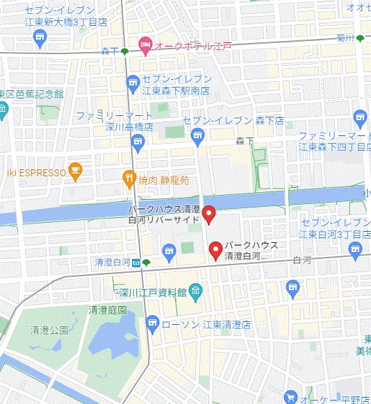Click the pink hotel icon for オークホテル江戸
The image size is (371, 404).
click(145, 46)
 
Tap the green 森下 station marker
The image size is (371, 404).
click(124, 51)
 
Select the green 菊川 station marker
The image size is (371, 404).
click(360, 39)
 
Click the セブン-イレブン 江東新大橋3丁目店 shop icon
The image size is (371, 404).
click(40, 37)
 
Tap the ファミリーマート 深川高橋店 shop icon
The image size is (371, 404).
click(138, 144)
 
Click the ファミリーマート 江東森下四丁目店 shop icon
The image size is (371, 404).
click(359, 117)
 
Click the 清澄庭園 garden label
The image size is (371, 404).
click(108, 311)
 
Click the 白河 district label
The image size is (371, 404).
click(302, 260)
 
